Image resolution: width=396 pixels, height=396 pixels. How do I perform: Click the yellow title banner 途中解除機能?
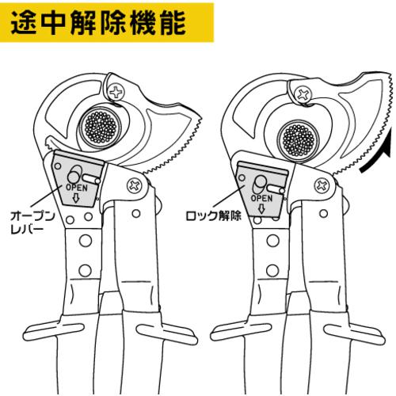[107, 22]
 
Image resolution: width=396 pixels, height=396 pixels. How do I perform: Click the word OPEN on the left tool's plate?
[77, 188]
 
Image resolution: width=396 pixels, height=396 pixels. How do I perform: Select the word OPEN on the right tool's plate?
[261, 199]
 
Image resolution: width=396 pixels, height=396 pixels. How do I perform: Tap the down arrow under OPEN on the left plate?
[76, 198]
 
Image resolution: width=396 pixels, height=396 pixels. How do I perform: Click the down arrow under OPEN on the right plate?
[261, 208]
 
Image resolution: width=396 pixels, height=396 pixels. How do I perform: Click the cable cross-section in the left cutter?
[101, 128]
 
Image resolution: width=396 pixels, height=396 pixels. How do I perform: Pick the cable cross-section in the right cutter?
[299, 141]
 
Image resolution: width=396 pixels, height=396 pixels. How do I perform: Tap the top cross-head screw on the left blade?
[116, 92]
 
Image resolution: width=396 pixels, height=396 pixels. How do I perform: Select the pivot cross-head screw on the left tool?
[135, 185]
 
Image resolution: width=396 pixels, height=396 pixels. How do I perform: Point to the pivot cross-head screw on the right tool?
[322, 186]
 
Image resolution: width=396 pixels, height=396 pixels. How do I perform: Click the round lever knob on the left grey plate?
[74, 175]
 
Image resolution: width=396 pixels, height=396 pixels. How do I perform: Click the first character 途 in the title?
[23, 23]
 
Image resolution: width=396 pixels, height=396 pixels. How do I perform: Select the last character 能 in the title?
[173, 23]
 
